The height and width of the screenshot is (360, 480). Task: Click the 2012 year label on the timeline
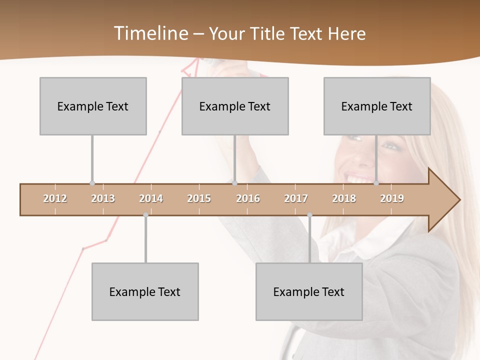pyautogui.click(x=55, y=198)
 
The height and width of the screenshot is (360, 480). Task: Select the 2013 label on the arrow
pyautogui.click(x=103, y=198)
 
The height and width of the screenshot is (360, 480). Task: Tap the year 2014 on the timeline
pyautogui.click(x=151, y=198)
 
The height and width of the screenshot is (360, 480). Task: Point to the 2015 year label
pyautogui.click(x=199, y=198)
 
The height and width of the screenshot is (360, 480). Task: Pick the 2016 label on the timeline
pyautogui.click(x=248, y=198)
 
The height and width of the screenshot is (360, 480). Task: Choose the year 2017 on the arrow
pyautogui.click(x=296, y=198)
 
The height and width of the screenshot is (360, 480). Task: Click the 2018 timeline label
pyautogui.click(x=344, y=198)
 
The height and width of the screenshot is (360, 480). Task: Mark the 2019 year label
pyautogui.click(x=392, y=198)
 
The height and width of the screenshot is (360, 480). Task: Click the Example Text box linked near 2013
pyautogui.click(x=93, y=106)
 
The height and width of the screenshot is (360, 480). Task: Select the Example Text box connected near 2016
pyautogui.click(x=235, y=106)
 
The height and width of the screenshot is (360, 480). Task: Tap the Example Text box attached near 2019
pyautogui.click(x=377, y=106)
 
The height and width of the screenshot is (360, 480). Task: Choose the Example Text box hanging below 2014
pyautogui.click(x=145, y=291)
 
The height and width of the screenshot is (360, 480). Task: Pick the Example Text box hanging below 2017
pyautogui.click(x=309, y=291)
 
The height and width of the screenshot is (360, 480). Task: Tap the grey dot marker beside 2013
pyautogui.click(x=92, y=183)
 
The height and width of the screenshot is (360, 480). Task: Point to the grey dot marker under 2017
pyautogui.click(x=309, y=215)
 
